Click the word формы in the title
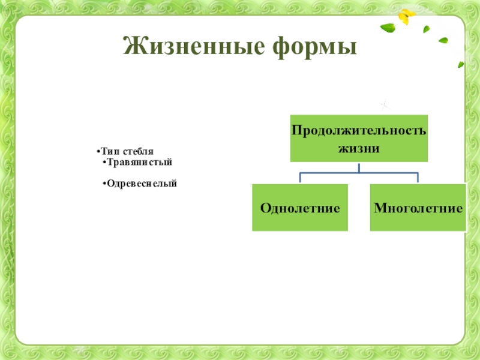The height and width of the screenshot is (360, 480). point(311,46)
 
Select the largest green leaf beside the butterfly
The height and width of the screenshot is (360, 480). point(388,28)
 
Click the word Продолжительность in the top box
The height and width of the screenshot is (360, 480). point(359,130)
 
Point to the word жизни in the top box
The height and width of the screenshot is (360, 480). point(359,148)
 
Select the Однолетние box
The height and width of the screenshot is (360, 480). point(300,208)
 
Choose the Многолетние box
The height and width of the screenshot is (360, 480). point(418,208)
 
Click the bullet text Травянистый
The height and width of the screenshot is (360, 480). point(140,163)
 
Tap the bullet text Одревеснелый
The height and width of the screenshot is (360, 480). point(142,182)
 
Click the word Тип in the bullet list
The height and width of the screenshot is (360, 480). point(109,153)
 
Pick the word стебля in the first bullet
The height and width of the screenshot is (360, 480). point(137,153)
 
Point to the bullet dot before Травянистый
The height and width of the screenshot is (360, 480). point(104,163)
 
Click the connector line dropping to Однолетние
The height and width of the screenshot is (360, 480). point(300,178)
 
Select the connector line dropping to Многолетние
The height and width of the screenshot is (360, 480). point(418,178)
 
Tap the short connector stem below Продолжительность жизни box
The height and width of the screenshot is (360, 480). point(359,167)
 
